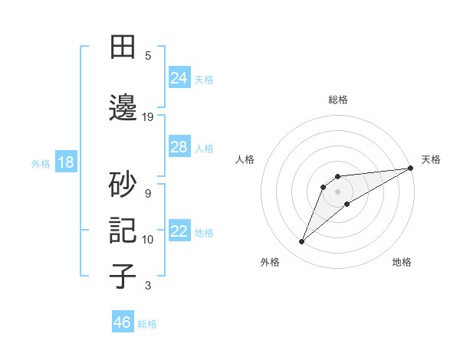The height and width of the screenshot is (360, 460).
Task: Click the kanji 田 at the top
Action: (123, 47)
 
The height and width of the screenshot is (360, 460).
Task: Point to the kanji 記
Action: (123, 231)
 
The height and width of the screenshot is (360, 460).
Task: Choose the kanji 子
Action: (123, 277)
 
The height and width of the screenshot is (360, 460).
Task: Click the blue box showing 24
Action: (179, 78)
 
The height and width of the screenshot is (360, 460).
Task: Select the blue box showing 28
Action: (179, 147)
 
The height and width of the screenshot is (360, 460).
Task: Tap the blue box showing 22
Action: (179, 231)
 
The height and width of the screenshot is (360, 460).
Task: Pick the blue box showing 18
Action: (65, 162)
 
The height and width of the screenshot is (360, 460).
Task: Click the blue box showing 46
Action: (123, 322)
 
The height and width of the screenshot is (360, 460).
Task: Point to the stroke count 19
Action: (148, 117)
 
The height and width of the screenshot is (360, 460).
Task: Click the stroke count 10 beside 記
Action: (148, 240)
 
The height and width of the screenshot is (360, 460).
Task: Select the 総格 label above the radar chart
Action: (338, 100)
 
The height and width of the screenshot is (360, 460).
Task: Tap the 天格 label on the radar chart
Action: (431, 159)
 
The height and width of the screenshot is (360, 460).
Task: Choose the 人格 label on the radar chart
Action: (245, 159)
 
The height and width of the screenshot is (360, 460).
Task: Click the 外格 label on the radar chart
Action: (270, 262)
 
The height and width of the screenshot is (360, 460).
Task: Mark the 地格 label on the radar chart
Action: (402, 262)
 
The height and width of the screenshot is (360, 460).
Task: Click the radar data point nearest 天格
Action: (410, 168)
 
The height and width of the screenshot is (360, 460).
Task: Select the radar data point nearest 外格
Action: (302, 242)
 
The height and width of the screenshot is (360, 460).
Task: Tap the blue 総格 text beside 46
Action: (147, 324)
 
